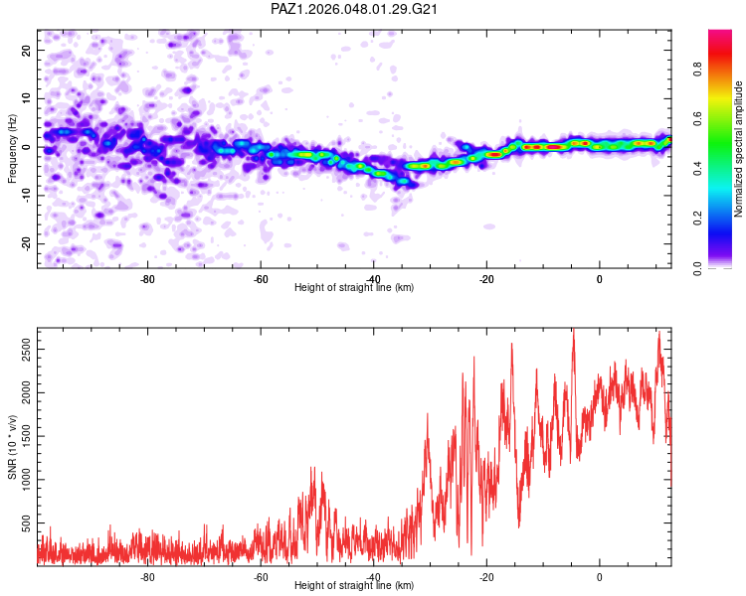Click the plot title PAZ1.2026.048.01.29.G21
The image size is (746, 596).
point(354,9)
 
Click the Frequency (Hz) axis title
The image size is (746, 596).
point(12,149)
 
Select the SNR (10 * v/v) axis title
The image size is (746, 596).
point(12,447)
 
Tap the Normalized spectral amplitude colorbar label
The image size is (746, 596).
point(738,149)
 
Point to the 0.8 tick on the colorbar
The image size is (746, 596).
point(698,70)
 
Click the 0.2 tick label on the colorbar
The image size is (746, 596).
point(698,219)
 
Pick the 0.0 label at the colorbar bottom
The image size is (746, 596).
point(698,268)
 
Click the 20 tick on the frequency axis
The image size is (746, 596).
point(27,50)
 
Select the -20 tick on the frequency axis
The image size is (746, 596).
point(27,243)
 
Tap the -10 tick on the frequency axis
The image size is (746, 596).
point(27,196)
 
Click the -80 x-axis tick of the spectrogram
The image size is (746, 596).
point(147,279)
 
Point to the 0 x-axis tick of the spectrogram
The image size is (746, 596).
point(600,279)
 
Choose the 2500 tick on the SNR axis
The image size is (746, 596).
point(27,350)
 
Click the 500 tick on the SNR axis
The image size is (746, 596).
point(27,523)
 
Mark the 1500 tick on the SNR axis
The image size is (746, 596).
point(27,436)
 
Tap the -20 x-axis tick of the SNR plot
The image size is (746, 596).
point(486,577)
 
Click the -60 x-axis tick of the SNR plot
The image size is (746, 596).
point(261,577)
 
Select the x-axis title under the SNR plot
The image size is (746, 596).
point(354,585)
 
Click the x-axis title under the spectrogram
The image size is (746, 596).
point(354,287)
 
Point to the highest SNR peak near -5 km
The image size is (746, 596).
point(574,329)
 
